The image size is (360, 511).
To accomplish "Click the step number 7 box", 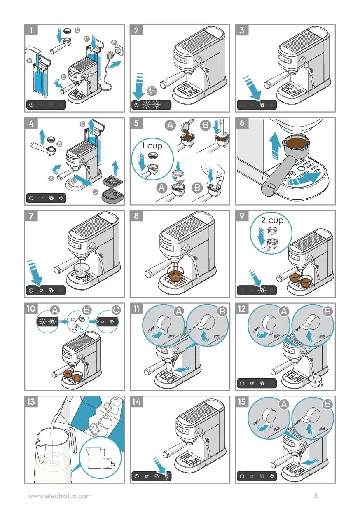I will pos(31,216).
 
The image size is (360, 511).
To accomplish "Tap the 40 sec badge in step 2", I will pos(152,91).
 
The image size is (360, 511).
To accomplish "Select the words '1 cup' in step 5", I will pos(152,145).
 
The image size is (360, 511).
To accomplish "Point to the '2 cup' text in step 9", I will pos(272,220).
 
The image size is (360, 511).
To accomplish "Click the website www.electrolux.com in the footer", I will pos(60,496).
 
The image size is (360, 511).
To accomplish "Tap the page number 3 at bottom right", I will pos(316,496).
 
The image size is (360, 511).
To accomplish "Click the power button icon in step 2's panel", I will pos(137,105).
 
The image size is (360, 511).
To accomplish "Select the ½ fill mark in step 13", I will pos(111,464).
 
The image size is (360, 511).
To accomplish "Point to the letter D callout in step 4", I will pos(82,124).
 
